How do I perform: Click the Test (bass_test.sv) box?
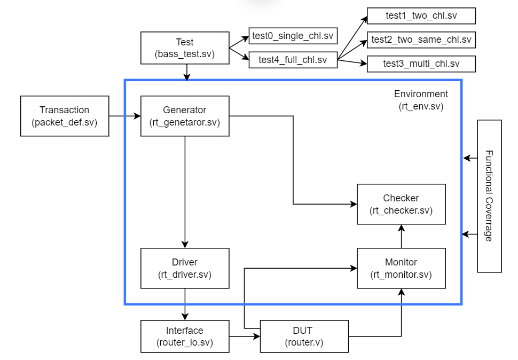(x=185, y=48)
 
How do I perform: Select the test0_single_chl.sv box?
(x=293, y=36)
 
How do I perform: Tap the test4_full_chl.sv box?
(x=293, y=60)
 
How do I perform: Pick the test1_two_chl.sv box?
(x=421, y=16)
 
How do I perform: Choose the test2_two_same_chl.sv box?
(x=421, y=40)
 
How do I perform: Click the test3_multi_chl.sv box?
(x=421, y=64)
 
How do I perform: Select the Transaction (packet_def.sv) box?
(x=65, y=116)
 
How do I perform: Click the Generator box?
(x=185, y=116)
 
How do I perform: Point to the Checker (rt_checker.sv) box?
(x=401, y=204)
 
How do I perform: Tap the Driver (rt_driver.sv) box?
(x=185, y=268)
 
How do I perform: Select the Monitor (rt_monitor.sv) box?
(x=401, y=268)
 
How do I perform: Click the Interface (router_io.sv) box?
(x=185, y=336)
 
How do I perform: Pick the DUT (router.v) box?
(x=304, y=336)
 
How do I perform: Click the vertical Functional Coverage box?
(x=489, y=196)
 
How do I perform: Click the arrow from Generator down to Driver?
(x=185, y=192)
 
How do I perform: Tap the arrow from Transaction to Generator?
(x=124, y=116)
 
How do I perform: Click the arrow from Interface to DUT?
(x=245, y=336)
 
